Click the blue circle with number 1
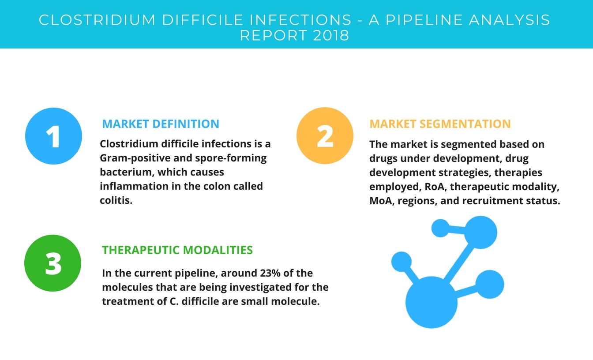[53, 136]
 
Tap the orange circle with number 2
[325, 135]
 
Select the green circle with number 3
[53, 263]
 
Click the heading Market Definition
[161, 124]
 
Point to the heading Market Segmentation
[440, 124]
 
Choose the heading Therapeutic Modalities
[177, 250]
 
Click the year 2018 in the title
[331, 35]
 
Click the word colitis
[116, 200]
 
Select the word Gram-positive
[135, 158]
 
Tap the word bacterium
[127, 172]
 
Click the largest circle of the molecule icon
[432, 302]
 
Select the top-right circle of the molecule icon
[481, 232]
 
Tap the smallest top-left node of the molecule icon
[440, 228]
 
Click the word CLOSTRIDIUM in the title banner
[97, 20]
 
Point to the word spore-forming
[231, 158]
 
